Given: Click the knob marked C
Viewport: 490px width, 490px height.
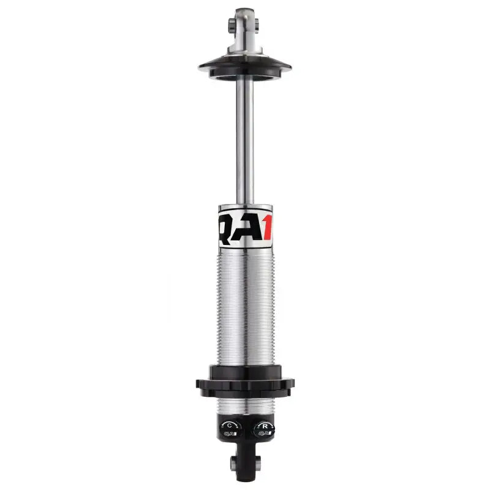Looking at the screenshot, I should pos(230,429).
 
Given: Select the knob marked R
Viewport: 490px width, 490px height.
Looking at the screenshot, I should pos(263,429).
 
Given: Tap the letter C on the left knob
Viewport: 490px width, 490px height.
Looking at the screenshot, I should pos(230,425).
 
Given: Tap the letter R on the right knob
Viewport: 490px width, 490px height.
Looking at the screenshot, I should pos(264,425).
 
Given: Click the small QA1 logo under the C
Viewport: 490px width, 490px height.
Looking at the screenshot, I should pos(230,434).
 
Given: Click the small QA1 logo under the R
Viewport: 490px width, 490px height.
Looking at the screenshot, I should pos(264,434).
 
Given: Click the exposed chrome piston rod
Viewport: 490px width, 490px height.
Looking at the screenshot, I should pos(245,141).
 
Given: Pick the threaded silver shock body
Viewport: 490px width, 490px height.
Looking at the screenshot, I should pos(245,306).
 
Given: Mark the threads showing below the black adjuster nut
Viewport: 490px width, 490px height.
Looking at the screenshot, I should pos(245,405).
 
